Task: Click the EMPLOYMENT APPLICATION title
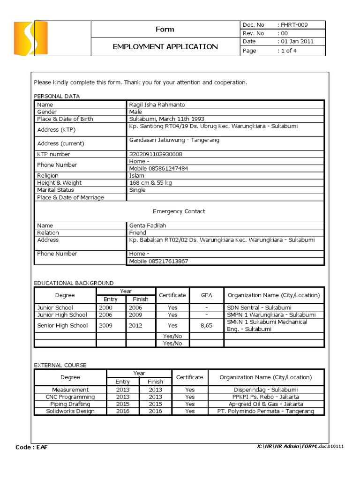click(165, 46)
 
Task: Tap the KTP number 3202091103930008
click(156, 154)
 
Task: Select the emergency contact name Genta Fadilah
click(148, 225)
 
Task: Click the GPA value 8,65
click(206, 325)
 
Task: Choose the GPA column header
click(206, 295)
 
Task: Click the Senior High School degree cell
click(62, 325)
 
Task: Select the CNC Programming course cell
click(70, 397)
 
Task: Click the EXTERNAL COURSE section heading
click(60, 365)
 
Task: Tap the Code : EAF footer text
click(31, 447)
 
